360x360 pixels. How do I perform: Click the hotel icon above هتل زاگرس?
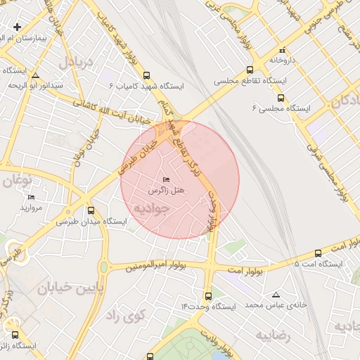tap(166, 179)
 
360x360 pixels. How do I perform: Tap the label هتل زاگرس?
tap(166, 191)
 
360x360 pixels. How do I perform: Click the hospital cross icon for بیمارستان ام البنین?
tap(17, 27)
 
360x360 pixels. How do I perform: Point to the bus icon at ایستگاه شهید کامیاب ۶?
tap(146, 75)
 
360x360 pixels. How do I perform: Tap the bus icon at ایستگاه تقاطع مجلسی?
tap(250, 70)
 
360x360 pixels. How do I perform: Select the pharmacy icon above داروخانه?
tap(283, 50)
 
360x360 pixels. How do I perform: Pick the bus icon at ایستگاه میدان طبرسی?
tap(91, 210)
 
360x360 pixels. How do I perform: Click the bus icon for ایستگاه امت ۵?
tap(318, 254)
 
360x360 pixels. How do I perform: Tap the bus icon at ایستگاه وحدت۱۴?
tap(207, 296)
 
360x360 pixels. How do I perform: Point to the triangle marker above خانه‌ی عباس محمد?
tap(276, 295)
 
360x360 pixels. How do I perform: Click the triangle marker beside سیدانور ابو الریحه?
tap(35, 75)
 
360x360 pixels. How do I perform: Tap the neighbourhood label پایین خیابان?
tap(70, 288)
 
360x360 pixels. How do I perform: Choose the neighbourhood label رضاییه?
tap(273, 336)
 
